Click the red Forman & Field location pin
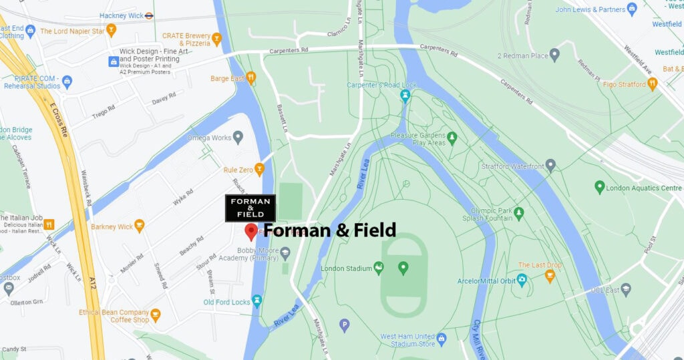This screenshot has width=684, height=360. pos(251,231)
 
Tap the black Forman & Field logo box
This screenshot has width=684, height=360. pos(250,208)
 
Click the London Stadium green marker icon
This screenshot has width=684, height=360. pos(403,268)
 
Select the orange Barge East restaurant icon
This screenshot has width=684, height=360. pos(251,77)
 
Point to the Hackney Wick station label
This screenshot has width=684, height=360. pos(122,15)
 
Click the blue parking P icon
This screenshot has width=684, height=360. pos(345,325)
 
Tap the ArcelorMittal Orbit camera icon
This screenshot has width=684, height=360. pos(522,280)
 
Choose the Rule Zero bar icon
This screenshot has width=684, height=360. pos(259,170)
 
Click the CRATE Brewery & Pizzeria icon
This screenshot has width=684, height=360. pos(216,40)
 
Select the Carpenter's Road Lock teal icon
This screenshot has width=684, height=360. pos(405,96)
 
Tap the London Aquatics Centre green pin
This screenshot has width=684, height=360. pos(599,188)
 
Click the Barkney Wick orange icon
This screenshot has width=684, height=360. pos(139,226)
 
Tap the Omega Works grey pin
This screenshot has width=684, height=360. pos(237,138)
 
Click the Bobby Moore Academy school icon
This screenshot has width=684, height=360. pos(285,252)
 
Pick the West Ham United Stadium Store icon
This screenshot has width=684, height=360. pos(442,339)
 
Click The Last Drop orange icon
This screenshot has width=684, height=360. pos(550,275)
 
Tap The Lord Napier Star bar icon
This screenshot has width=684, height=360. pos(111,30)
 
